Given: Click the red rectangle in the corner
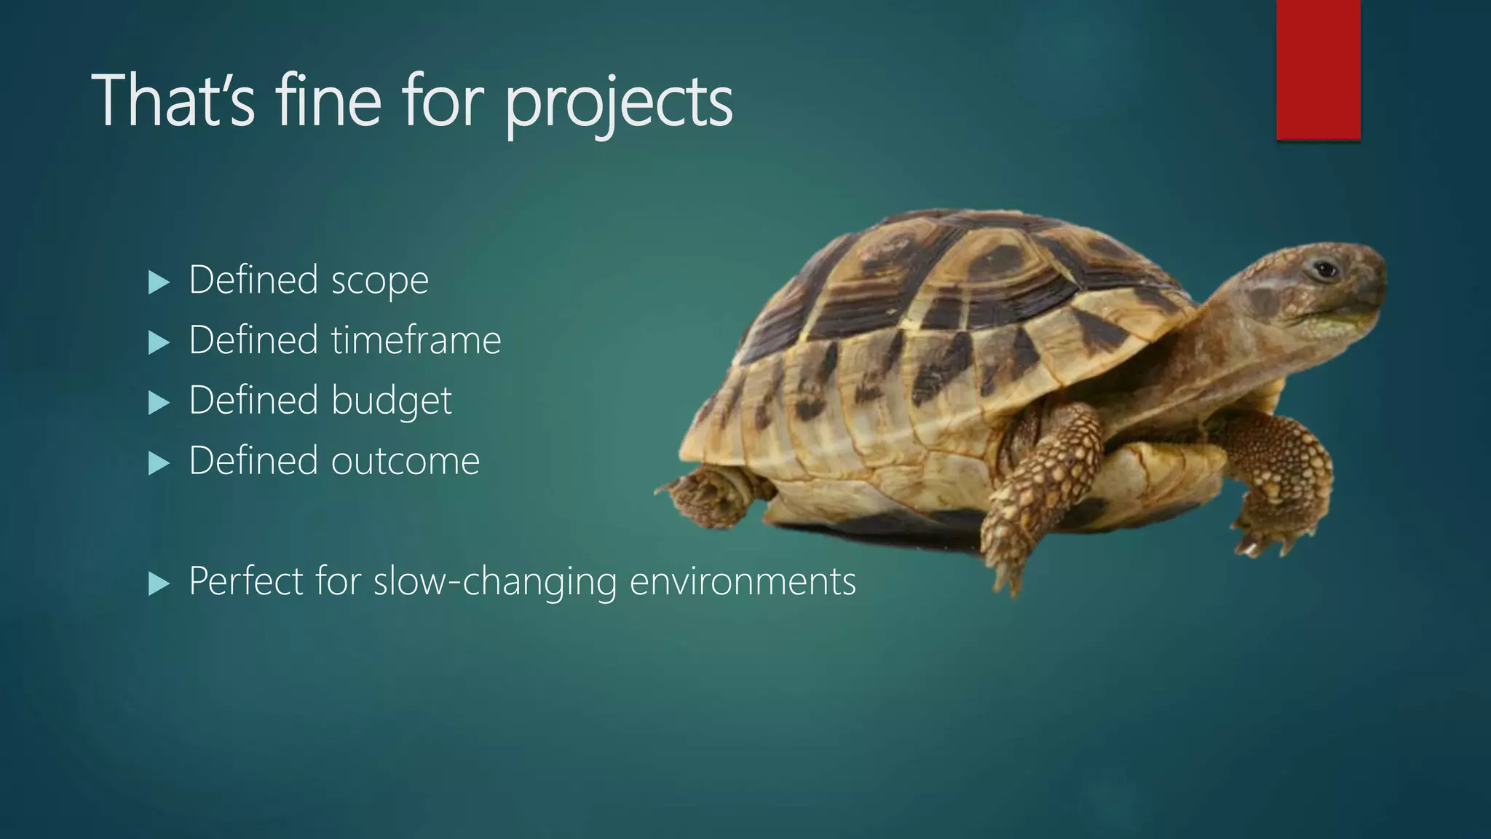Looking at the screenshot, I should [x=1318, y=69].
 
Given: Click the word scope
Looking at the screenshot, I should [x=379, y=281].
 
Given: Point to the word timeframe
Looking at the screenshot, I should [x=416, y=340].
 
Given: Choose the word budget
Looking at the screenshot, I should [x=391, y=401].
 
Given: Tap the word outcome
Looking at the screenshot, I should [x=406, y=461].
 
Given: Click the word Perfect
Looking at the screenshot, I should [x=245, y=581].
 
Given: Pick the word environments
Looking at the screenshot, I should [x=742, y=581].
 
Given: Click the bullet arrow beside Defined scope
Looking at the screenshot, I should [x=158, y=282].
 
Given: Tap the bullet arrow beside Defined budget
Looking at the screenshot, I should [x=158, y=403].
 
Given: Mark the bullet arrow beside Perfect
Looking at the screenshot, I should [x=158, y=583].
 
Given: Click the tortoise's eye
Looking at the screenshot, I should [x=1326, y=271].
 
